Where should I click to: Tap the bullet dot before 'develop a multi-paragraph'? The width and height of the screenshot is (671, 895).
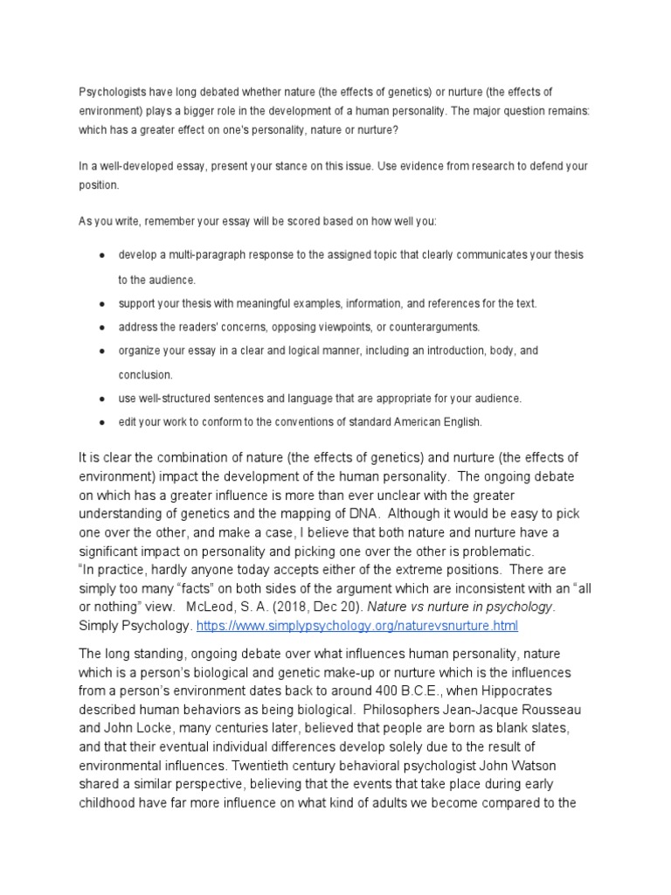point(102,255)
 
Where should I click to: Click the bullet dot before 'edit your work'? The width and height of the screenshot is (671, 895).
point(102,422)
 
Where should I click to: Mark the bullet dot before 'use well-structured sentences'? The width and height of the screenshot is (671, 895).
point(102,399)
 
